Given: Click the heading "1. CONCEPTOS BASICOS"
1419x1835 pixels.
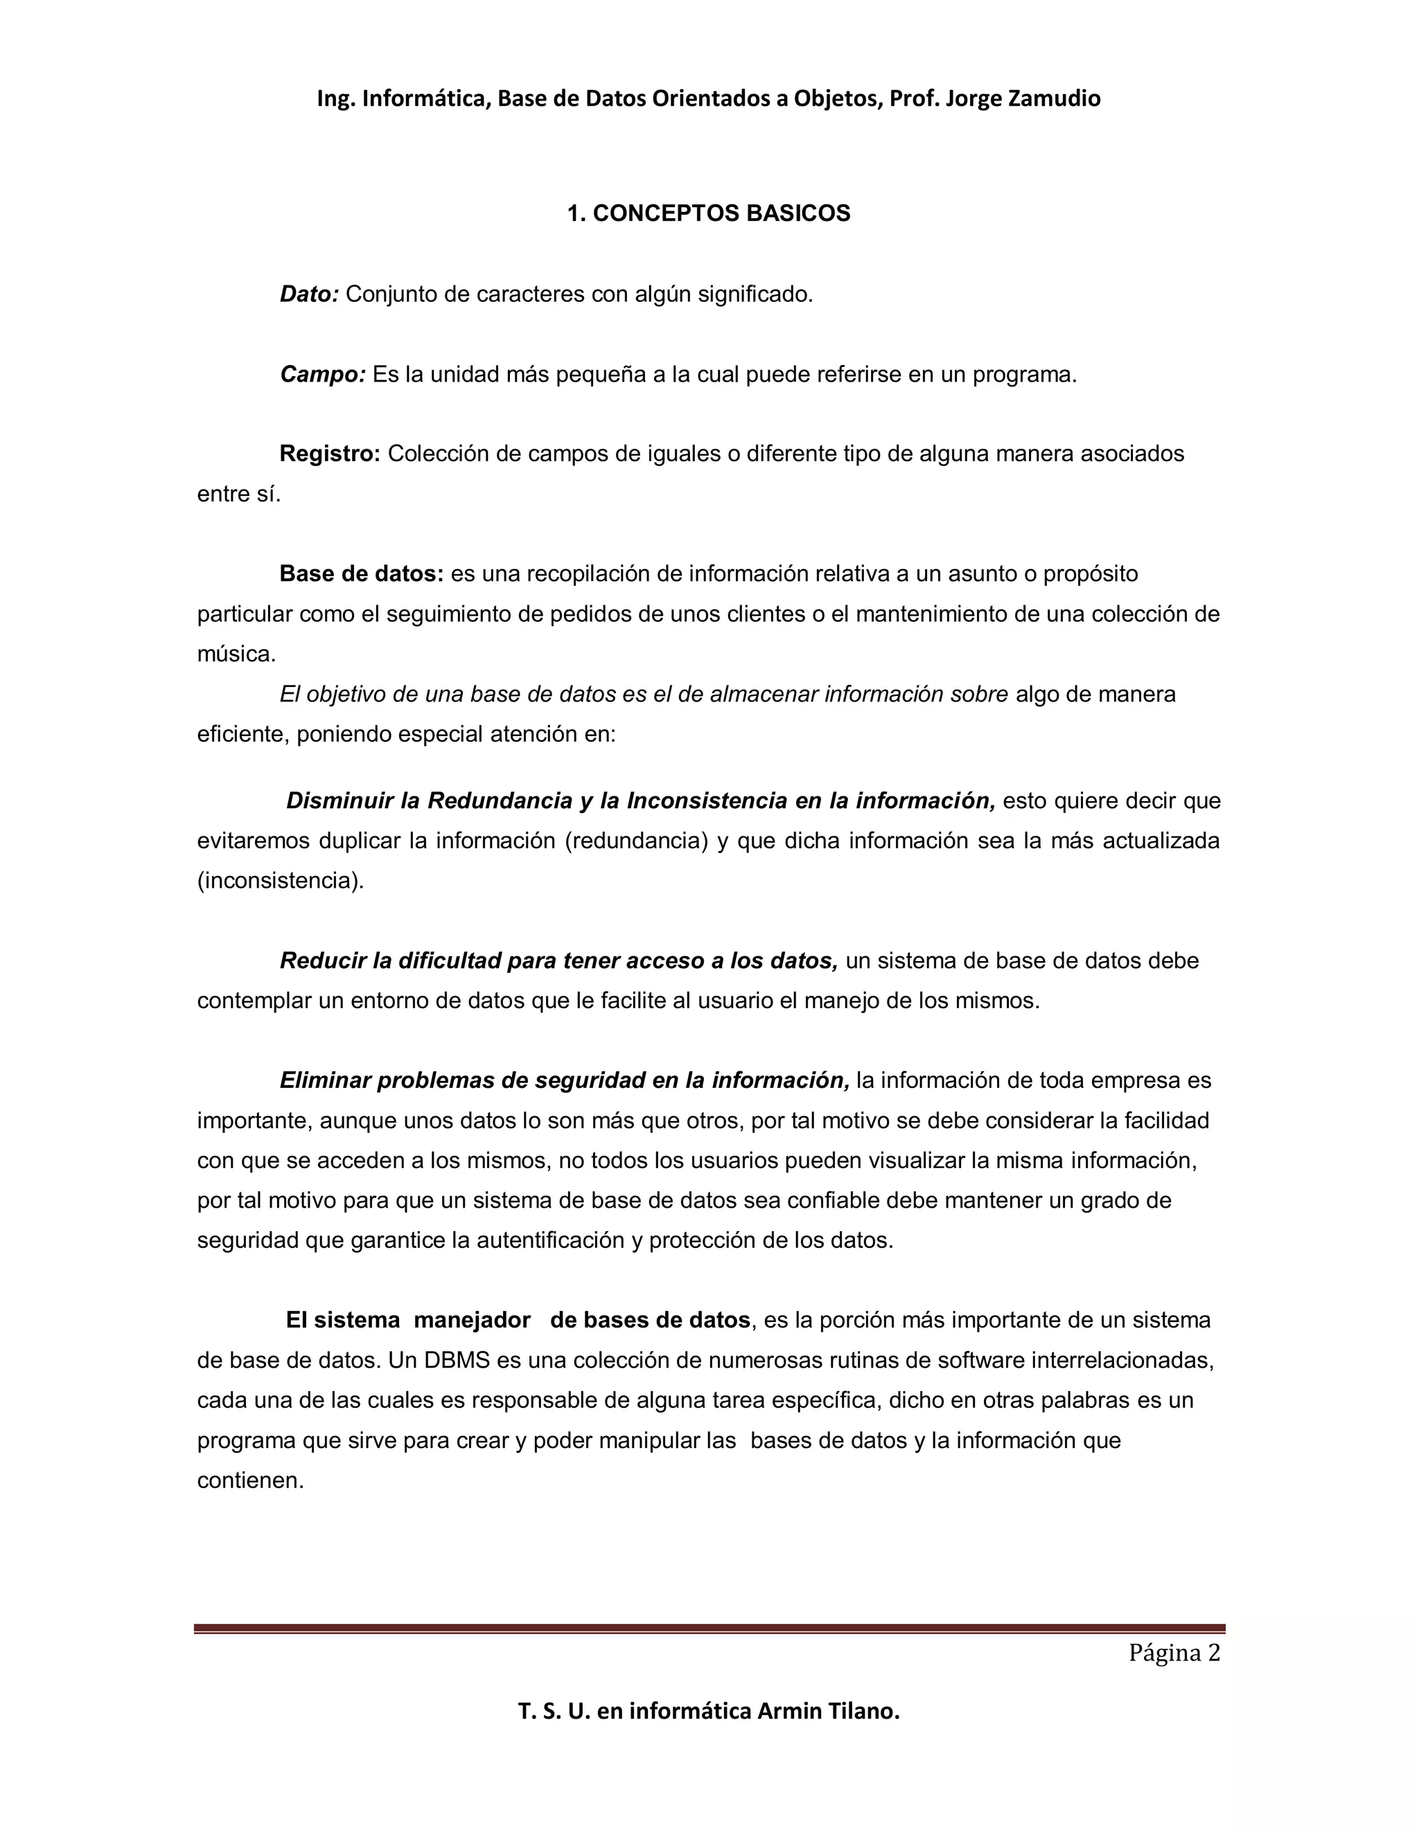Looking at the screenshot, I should tap(709, 213).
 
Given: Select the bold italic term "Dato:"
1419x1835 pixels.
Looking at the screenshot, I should tap(308, 294).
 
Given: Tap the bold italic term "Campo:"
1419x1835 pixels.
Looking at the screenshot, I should tap(322, 374).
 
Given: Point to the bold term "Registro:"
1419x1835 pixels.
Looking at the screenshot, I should tap(330, 454).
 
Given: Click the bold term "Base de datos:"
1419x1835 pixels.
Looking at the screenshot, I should tap(362, 574).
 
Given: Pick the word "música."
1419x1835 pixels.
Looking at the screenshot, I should tap(236, 654).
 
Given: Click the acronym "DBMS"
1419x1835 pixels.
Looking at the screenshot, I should tap(457, 1360).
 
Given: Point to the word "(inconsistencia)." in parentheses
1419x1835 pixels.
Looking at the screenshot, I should tap(281, 881).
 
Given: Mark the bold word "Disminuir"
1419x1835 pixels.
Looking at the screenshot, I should tap(340, 800).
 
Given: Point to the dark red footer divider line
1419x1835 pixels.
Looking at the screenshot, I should tap(709, 1629).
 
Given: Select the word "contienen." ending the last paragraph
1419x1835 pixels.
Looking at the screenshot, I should tap(249, 1480).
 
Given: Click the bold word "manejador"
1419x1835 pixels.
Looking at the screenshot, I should tap(472, 1320).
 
